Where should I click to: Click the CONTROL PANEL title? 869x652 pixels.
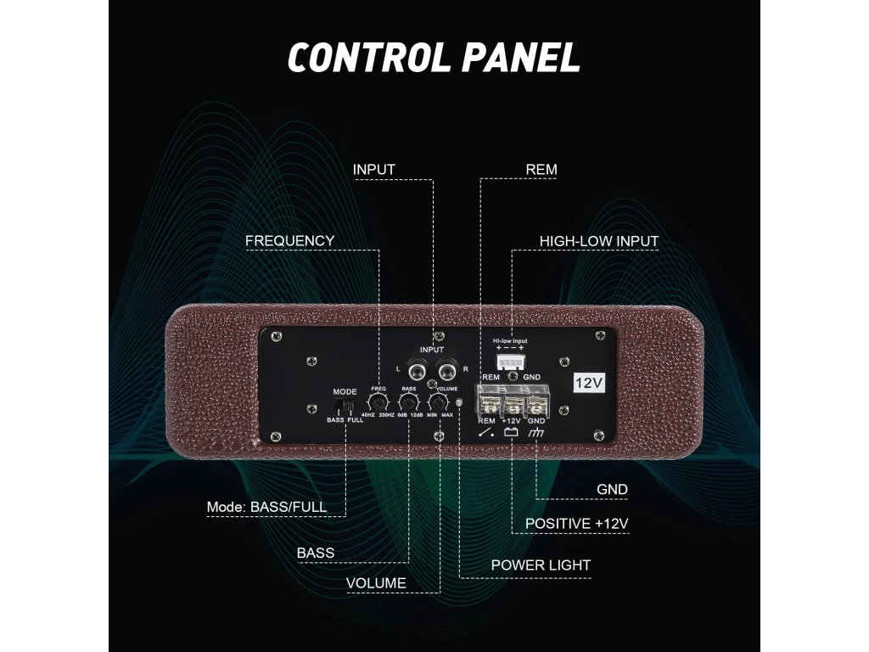click(434, 56)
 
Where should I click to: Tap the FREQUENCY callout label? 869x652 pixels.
click(289, 241)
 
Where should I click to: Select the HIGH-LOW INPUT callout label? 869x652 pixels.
click(599, 241)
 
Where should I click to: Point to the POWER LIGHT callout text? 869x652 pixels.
click(541, 565)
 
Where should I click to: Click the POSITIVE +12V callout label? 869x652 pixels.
click(576, 523)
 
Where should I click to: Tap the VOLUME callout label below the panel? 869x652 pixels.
click(376, 583)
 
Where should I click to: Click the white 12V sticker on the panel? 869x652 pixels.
click(589, 383)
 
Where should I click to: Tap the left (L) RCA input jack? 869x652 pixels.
click(418, 370)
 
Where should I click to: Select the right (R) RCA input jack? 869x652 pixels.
click(445, 370)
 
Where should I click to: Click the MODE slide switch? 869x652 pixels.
click(346, 407)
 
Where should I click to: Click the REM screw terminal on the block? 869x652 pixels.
click(489, 398)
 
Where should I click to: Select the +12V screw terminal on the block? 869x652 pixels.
click(512, 398)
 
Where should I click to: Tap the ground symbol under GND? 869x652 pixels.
click(536, 434)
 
